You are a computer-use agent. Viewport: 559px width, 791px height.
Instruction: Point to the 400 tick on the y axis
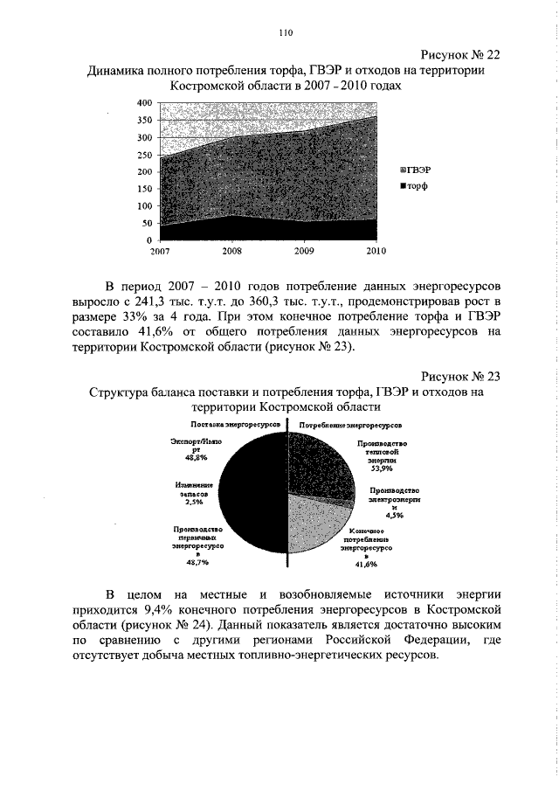pyautogui.click(x=144, y=103)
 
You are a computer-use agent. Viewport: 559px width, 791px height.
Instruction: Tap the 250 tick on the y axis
pyautogui.click(x=144, y=155)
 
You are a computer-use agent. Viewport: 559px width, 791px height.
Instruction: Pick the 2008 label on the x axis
pyautogui.click(x=231, y=251)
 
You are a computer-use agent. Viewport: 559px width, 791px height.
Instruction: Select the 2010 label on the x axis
pyautogui.click(x=376, y=251)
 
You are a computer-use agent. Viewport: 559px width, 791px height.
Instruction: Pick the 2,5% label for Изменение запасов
pyautogui.click(x=194, y=502)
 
